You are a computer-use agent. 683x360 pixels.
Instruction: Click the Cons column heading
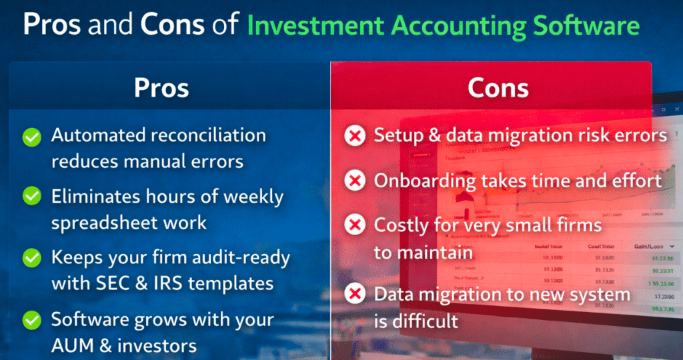pos(498,88)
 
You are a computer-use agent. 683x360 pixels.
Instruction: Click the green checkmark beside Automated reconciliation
pos(31,137)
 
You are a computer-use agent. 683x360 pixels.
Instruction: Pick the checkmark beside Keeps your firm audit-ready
pos(31,257)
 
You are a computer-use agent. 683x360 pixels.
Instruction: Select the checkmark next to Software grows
pos(31,319)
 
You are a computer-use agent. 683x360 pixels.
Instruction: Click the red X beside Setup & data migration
pos(355,137)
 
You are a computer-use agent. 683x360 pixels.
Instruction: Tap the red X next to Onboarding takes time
pos(355,180)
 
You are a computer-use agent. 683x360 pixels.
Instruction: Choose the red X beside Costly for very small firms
pos(355,225)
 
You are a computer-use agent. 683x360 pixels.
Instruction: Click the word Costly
pos(402,225)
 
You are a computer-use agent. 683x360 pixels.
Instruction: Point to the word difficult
pos(426,321)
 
